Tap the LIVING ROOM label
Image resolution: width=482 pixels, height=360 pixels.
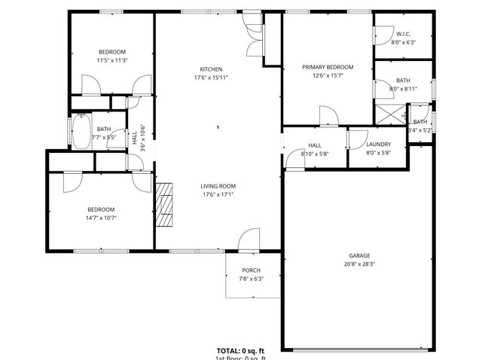click(x=218, y=186)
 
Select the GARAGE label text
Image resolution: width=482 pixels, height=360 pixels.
click(x=359, y=255)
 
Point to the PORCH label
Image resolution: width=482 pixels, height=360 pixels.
click(x=251, y=270)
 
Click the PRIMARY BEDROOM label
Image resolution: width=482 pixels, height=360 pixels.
click(x=328, y=67)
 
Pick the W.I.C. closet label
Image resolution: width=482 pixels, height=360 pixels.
click(x=403, y=34)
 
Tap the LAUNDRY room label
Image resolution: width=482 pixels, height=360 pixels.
click(x=378, y=145)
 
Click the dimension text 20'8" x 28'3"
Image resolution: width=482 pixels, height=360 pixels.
click(x=359, y=264)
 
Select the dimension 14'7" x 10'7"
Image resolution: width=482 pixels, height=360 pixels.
click(x=100, y=218)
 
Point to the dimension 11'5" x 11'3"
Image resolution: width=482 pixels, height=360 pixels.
click(x=111, y=60)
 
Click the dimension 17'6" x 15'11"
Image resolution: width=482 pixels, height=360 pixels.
click(x=211, y=78)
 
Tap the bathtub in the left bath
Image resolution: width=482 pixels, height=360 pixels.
click(x=79, y=133)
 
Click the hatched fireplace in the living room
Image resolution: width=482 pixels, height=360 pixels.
click(x=164, y=204)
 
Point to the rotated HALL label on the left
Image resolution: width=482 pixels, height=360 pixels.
click(x=135, y=138)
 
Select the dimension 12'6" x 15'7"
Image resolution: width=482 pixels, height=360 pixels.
click(x=328, y=76)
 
